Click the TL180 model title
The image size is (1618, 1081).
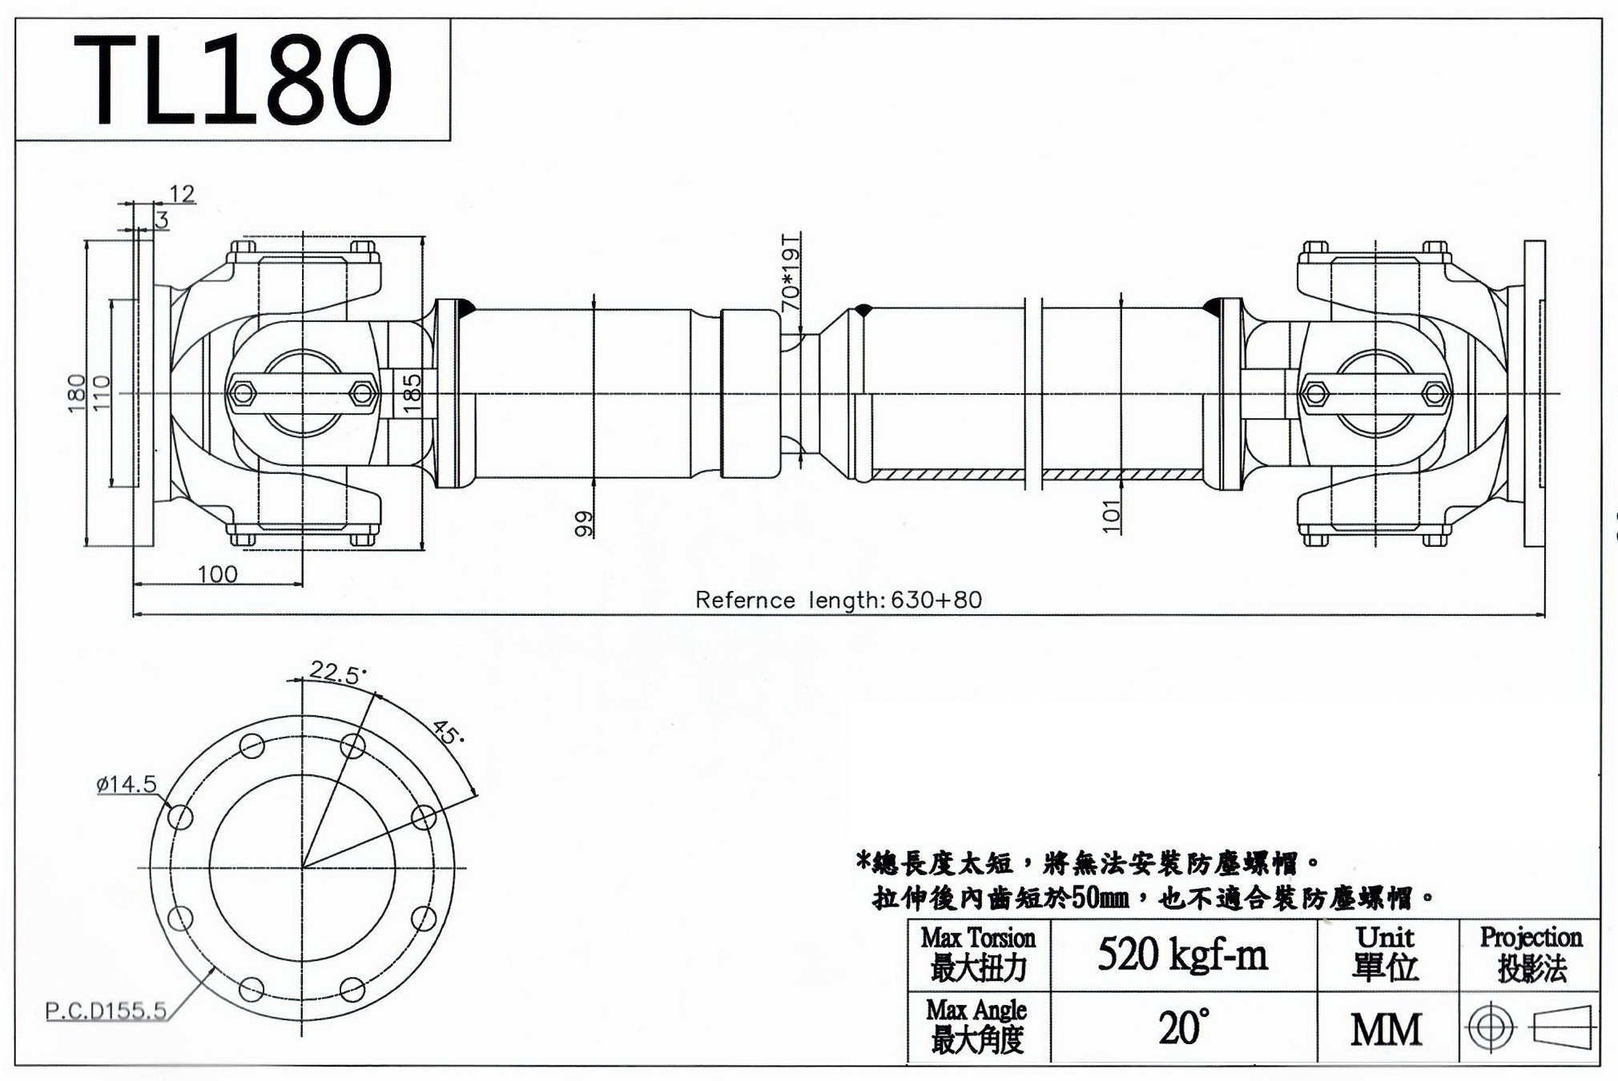coord(232,79)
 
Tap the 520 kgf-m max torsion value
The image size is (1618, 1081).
coord(1182,954)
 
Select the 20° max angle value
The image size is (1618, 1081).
coord(1183,1027)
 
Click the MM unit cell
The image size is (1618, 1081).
coord(1387,1030)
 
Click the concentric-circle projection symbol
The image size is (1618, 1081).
coord(1491,1027)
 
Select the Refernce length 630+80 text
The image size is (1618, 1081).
coord(838,600)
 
